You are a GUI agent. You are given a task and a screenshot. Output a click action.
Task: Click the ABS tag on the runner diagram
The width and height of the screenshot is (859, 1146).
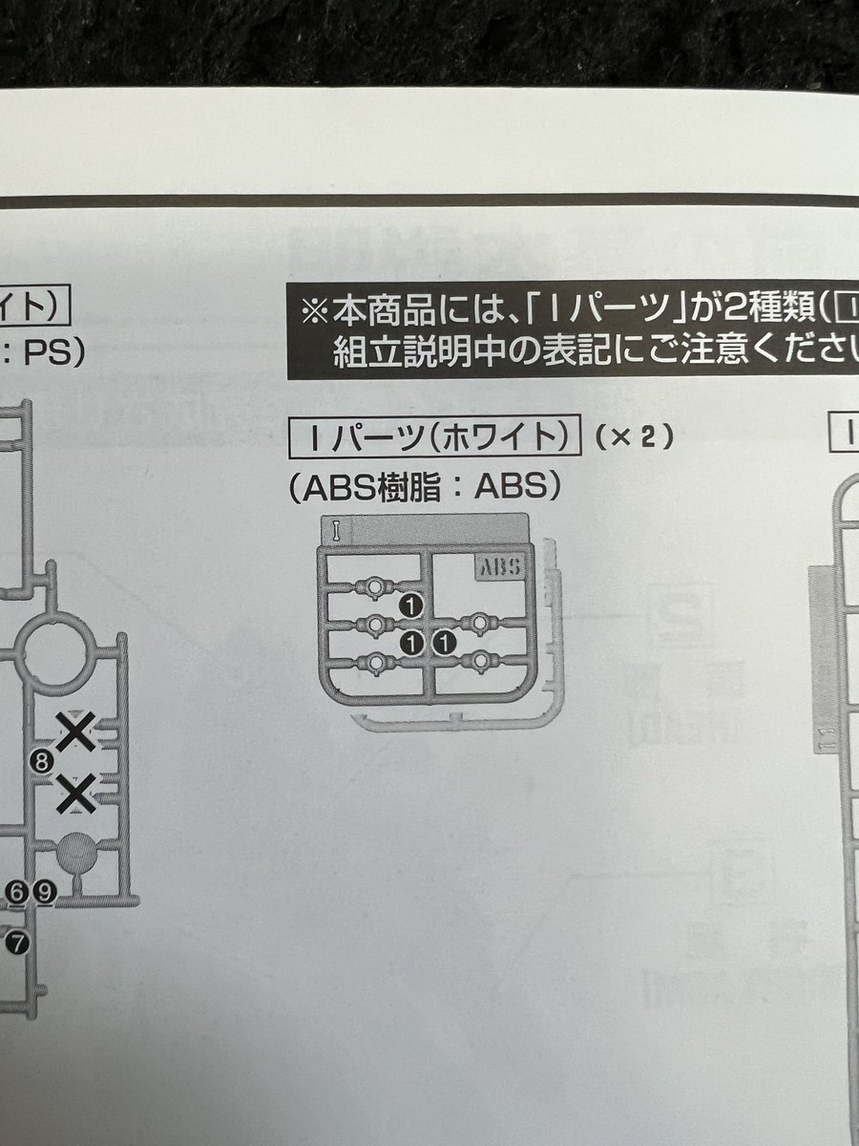pos(497,567)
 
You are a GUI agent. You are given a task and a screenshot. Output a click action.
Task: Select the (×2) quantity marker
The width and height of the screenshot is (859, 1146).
pos(635,437)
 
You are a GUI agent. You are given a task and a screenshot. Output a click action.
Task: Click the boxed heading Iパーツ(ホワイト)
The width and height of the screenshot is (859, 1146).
pos(434,437)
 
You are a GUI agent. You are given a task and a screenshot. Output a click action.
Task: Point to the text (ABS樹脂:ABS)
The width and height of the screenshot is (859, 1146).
pos(424,487)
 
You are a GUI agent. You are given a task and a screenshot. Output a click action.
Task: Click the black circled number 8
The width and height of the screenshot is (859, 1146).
pos(40,761)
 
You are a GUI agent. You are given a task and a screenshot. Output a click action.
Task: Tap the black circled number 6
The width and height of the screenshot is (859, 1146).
pos(16,892)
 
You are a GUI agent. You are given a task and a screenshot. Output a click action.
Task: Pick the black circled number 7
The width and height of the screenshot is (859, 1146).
pos(17,943)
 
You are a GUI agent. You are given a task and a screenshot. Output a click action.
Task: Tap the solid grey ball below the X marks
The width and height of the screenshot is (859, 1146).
pos(76,853)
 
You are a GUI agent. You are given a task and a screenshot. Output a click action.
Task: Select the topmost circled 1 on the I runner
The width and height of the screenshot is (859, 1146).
pos(411,605)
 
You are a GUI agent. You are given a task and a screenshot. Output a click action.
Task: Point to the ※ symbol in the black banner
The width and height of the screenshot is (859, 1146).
pos(314,311)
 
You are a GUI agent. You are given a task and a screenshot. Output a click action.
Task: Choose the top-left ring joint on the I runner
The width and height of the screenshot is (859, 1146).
pos(375,585)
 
